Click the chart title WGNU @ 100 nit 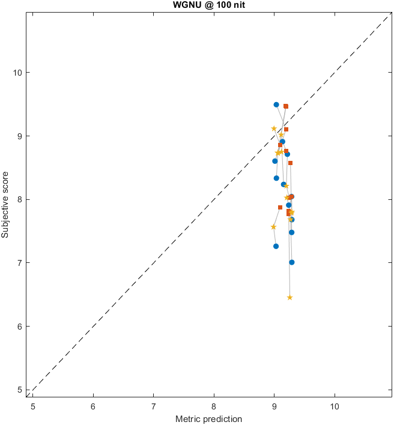[x=197, y=5]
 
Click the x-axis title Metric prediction [x=208, y=418]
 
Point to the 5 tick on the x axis [x=33, y=406]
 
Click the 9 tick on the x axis [x=274, y=406]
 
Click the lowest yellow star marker [x=289, y=297]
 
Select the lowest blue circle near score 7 [x=292, y=262]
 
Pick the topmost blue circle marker [x=276, y=104]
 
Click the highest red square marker [x=286, y=106]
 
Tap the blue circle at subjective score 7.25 [x=276, y=246]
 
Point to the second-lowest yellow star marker [x=273, y=227]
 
